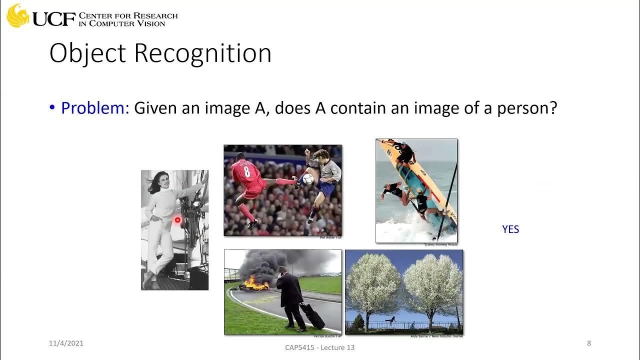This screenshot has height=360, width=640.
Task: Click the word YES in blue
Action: [x=510, y=229]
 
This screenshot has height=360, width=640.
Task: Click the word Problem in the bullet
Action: [x=95, y=108]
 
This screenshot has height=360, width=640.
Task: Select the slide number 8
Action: [x=589, y=343]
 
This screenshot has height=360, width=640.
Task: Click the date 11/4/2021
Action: [x=66, y=343]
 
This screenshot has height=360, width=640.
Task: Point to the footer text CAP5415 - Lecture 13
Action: [x=319, y=347]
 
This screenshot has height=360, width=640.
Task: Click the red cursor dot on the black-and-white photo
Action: [x=177, y=220]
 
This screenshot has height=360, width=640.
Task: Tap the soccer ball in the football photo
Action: [x=308, y=178]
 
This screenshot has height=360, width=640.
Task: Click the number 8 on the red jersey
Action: [x=246, y=172]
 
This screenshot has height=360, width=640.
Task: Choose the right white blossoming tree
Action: [x=433, y=285]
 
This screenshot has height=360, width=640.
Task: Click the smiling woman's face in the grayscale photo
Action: [x=162, y=182]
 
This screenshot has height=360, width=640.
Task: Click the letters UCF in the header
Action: [x=54, y=19]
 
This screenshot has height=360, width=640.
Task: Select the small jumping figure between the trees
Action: [x=391, y=319]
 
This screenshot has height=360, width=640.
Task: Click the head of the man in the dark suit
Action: [x=282, y=271]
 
